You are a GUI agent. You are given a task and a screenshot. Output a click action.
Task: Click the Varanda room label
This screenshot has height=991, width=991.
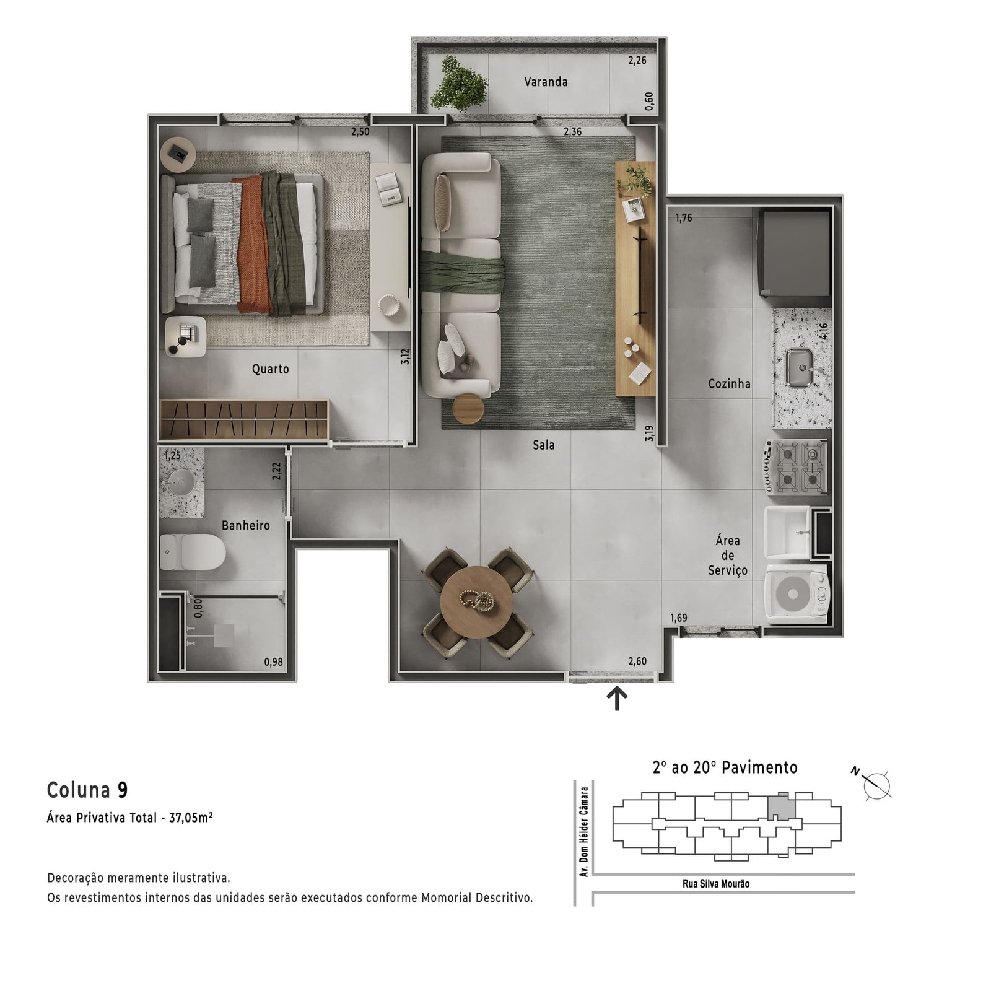[x=546, y=82]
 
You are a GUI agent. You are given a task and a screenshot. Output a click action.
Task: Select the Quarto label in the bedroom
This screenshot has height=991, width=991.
[x=270, y=369]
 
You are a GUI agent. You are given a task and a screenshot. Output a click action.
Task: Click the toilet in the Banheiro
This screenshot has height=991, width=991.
[x=193, y=552]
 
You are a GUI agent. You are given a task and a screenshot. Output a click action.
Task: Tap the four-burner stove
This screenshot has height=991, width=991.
[x=797, y=466]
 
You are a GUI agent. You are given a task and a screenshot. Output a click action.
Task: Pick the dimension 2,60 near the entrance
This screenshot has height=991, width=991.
[x=637, y=661]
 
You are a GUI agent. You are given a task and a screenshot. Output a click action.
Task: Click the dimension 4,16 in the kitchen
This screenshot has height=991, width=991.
[x=824, y=332]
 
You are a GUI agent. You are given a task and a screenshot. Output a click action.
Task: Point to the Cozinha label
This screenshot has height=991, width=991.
[x=729, y=384]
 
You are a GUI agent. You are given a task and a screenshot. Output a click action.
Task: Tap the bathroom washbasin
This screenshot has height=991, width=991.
[x=181, y=482]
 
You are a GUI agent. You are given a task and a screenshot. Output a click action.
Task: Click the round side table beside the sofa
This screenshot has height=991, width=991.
[x=468, y=409]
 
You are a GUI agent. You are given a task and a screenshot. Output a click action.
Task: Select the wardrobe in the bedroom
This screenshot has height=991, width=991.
[x=244, y=420]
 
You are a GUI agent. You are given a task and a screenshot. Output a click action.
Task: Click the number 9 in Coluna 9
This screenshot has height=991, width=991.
[x=123, y=790]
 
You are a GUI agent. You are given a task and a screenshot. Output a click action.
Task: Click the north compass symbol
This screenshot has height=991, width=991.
[x=875, y=785]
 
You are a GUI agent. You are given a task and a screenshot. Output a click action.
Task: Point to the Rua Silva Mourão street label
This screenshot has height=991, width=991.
[x=716, y=884]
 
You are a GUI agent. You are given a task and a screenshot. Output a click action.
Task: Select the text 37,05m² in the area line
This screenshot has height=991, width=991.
[x=191, y=818]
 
